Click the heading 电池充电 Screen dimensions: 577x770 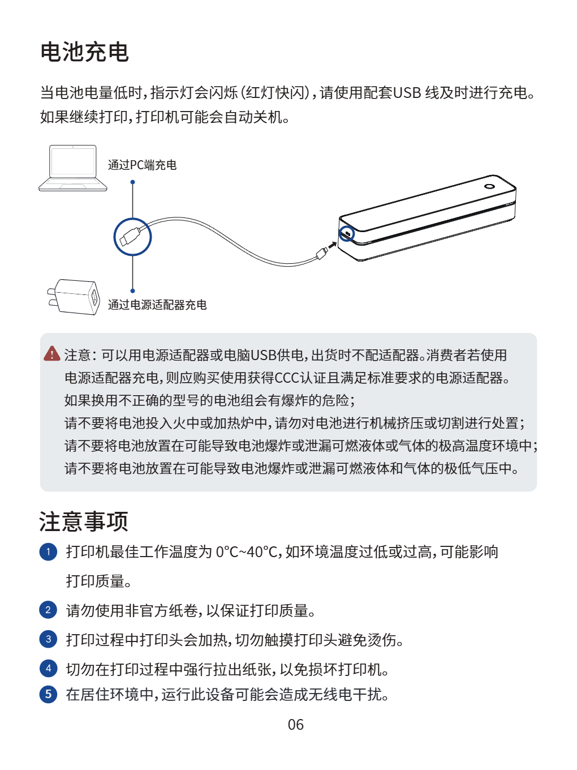[84, 52]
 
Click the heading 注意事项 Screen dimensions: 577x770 [84, 521]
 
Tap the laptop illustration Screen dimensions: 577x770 [73, 168]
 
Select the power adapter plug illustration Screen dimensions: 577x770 [74, 297]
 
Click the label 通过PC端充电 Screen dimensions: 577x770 [142, 165]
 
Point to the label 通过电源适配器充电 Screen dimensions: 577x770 [157, 305]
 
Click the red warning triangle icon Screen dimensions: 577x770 [52, 354]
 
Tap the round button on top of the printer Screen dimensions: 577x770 [489, 186]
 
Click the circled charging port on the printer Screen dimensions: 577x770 [346, 234]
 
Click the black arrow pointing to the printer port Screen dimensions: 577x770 [333, 245]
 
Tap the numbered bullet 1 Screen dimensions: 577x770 [48, 551]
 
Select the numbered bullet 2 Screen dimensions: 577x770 [48, 610]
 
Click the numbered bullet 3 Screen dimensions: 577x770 [48, 639]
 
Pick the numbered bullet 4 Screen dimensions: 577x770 [48, 668]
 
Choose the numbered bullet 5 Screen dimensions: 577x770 [48, 694]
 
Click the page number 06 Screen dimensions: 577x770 [296, 725]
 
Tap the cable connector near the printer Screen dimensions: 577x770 [322, 253]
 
